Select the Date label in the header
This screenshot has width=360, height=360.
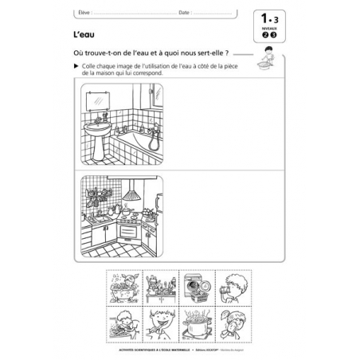(186, 13)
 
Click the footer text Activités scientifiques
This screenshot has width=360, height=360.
(139, 348)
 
